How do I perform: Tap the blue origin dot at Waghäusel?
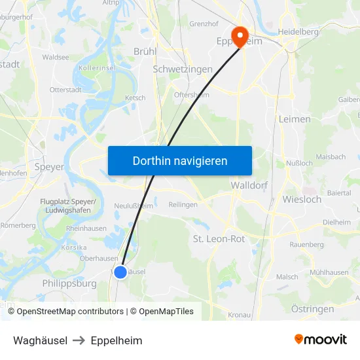pyautogui.click(x=120, y=272)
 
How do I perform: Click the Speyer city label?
pyautogui.click(x=49, y=167)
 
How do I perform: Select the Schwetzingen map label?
pyautogui.click(x=182, y=69)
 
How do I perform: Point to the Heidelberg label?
pyautogui.click(x=298, y=31)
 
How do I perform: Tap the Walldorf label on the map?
pyautogui.click(x=249, y=185)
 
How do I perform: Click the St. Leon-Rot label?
pyautogui.click(x=219, y=239)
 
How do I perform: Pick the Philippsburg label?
pyautogui.click(x=69, y=283)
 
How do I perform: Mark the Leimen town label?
pyautogui.click(x=294, y=119)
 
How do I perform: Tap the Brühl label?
pyautogui.click(x=145, y=51)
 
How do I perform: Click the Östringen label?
pyautogui.click(x=312, y=309)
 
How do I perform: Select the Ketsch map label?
pyautogui.click(x=135, y=98)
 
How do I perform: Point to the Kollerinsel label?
pyautogui.click(x=97, y=68)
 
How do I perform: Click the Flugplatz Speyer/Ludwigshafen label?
pyautogui.click(x=68, y=206)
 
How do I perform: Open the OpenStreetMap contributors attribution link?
pyautogui.click(x=70, y=312)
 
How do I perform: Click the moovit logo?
pyautogui.click(x=320, y=339)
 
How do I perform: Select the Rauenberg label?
pyautogui.click(x=307, y=244)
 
